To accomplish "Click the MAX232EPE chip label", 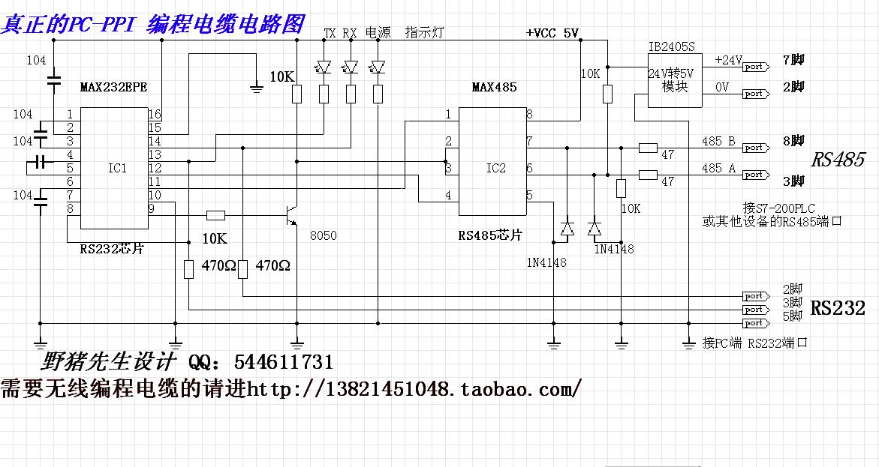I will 113,87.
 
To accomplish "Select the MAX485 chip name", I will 494,87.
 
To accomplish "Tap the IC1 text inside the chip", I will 117,168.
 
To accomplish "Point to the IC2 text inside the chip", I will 496,168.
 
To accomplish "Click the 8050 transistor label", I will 323,235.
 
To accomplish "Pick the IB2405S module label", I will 672,46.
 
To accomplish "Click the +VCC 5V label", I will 552,33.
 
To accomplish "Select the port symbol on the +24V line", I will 754,67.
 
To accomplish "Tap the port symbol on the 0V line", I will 754,94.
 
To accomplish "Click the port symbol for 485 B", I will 754,148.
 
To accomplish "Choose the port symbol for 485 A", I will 754,175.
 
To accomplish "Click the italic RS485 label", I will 837,160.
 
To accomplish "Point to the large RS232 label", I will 838,307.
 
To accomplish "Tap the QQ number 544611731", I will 284,363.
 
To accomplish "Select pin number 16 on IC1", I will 155,114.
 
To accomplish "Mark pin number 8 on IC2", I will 529,114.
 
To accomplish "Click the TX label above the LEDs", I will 330,33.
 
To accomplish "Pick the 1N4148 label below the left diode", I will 546,262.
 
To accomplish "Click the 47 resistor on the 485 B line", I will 648,148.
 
